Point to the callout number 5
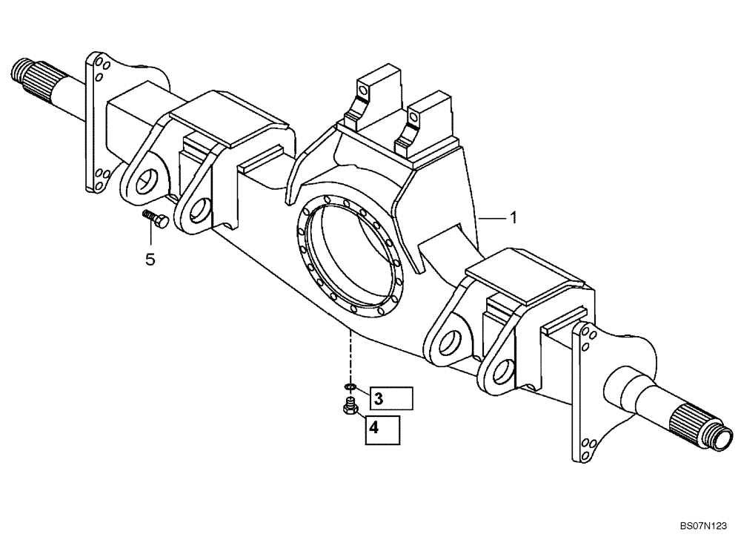pyautogui.click(x=150, y=260)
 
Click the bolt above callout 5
pyautogui.click(x=154, y=218)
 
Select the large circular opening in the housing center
pyautogui.click(x=349, y=256)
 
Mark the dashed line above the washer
pyautogui.click(x=350, y=356)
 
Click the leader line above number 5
pyautogui.click(x=151, y=236)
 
